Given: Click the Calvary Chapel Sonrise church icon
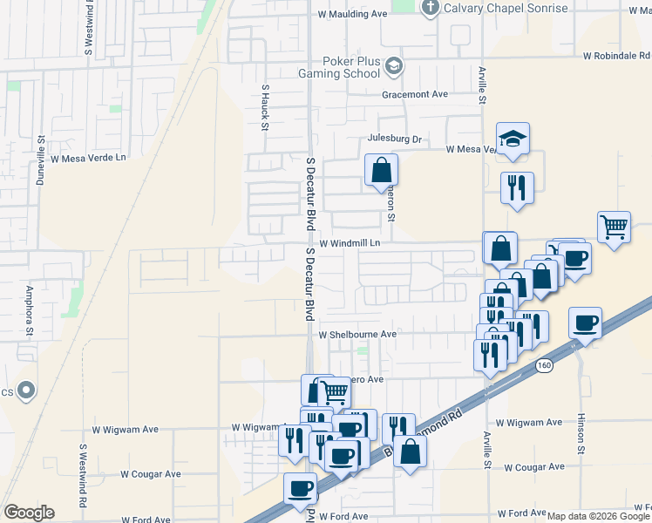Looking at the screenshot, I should (429, 9).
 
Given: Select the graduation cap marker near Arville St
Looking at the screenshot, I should (513, 139).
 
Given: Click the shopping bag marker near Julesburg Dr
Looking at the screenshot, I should (381, 171).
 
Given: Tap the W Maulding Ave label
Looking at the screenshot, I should (352, 14).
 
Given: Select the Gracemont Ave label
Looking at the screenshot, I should (414, 94).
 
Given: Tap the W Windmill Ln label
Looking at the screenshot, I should (350, 243).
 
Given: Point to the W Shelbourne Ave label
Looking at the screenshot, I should (357, 334).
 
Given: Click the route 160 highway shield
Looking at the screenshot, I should (545, 364).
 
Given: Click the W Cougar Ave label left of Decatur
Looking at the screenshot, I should (151, 473).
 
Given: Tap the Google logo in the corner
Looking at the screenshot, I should (29, 513).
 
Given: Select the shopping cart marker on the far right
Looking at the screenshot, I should (615, 228).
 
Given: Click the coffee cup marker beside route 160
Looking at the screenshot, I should (585, 323).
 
